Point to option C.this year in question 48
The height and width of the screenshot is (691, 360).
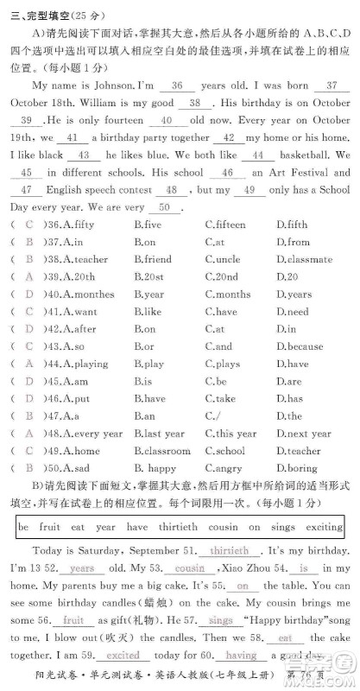coord(231,434)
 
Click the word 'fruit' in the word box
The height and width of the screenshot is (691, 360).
coord(49,526)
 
